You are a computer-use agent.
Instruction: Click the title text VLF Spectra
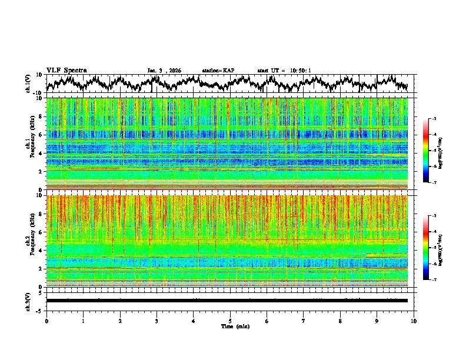(66, 70)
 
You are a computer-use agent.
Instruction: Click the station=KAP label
(218, 71)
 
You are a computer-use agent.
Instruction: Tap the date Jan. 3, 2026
(164, 71)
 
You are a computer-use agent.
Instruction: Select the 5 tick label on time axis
(230, 321)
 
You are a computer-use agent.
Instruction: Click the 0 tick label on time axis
(46, 321)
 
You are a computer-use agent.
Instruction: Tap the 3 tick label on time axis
(157, 321)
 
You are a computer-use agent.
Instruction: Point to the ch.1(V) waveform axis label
(28, 84)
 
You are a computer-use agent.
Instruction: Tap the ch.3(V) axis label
(28, 300)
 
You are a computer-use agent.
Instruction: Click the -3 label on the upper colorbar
(434, 119)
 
